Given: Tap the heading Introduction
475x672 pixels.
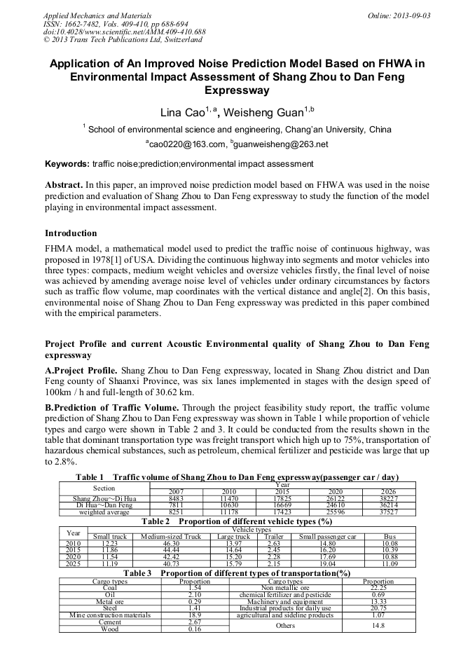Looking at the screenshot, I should click(71, 233).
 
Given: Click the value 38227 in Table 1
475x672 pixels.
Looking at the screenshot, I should click(387, 498).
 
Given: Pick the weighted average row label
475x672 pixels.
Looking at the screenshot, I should click(104, 512).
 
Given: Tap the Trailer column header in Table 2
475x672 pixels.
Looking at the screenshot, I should click(273, 536).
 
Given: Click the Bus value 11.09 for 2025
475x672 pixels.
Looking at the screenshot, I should click(390, 563).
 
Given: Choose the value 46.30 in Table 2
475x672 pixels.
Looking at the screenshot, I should click(171, 543).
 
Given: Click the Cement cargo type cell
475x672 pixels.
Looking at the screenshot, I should click(110, 622).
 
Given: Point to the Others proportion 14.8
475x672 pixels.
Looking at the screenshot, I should click(378, 625).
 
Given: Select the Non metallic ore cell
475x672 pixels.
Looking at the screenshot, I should click(285, 587).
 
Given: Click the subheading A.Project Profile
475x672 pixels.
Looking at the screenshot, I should click(81, 369).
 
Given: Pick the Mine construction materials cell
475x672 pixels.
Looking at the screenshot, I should click(110, 615).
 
